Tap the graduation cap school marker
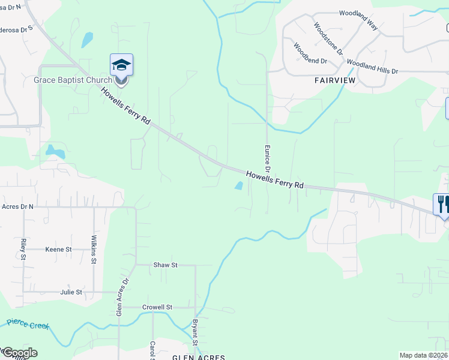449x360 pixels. pos(121,65)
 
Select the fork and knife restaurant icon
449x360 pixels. pos(443,204)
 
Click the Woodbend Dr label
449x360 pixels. pos(310,53)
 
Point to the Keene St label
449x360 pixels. pos(58,249)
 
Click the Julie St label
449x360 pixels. pos(71,292)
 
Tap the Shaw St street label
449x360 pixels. pos(166,265)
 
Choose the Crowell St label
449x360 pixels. pos(157,307)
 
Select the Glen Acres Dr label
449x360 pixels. pos(122,296)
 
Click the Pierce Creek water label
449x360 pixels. pos(27,325)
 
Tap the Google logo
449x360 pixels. pos(19,353)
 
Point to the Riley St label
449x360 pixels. pos(23,249)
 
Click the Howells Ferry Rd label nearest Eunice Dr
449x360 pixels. pos(276,180)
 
